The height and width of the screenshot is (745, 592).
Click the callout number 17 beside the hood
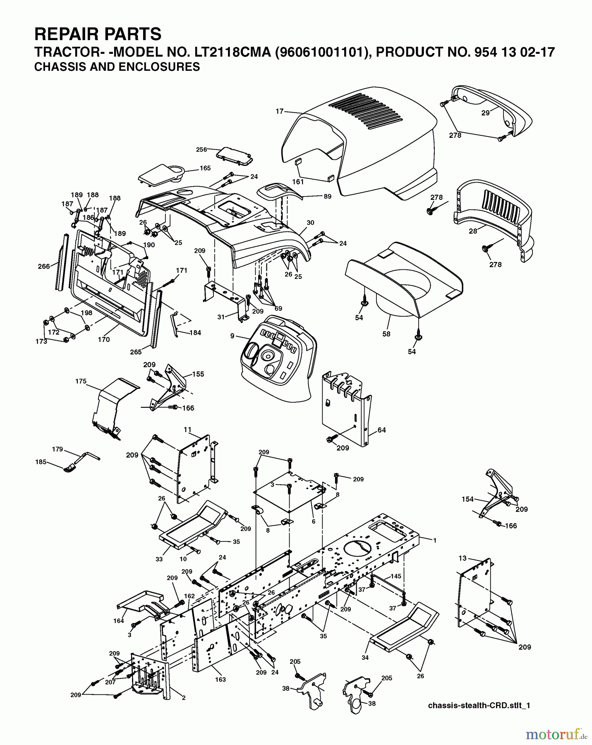click(280, 111)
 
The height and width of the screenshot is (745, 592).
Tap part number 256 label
click(201, 149)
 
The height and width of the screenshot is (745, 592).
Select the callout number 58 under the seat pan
click(386, 334)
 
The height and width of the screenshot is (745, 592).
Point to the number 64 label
click(381, 430)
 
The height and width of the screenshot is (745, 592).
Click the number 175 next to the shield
click(81, 381)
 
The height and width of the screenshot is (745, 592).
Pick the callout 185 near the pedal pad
click(41, 462)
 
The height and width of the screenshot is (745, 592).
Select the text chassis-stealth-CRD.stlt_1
click(479, 706)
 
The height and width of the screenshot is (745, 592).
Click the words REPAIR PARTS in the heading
click(98, 34)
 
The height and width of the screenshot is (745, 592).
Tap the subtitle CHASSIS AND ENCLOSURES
click(117, 67)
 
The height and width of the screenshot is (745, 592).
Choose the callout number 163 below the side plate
click(220, 679)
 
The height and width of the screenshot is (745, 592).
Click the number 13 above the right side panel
click(463, 558)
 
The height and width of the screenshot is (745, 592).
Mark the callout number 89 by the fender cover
click(327, 197)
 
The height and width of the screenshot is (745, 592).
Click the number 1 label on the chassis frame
click(435, 540)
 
